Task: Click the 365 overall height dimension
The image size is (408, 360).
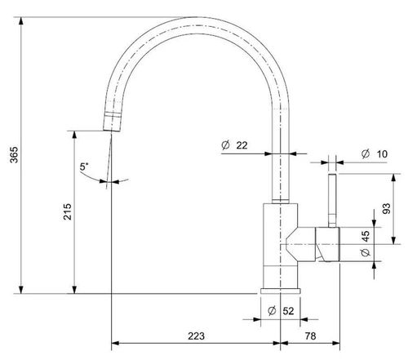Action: (14, 155)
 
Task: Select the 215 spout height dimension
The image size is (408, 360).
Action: (67, 211)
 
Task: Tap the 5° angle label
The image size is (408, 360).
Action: (84, 167)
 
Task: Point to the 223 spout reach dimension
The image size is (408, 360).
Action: (196, 336)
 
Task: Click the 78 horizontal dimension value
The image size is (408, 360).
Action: (310, 336)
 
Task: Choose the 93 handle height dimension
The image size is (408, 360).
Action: (387, 209)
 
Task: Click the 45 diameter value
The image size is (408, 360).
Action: (366, 236)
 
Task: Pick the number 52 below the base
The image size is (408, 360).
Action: (288, 311)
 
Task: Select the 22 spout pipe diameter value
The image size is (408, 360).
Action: (242, 145)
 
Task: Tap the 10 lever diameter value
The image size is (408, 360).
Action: (382, 154)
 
